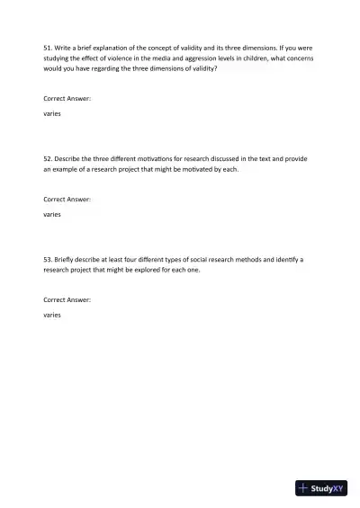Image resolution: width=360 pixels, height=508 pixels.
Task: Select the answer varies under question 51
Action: point(52,115)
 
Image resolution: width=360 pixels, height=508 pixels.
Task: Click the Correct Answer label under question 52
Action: point(67,199)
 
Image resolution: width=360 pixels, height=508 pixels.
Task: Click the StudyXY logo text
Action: point(328,489)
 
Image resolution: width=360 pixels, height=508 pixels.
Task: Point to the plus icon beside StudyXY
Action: point(303,489)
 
